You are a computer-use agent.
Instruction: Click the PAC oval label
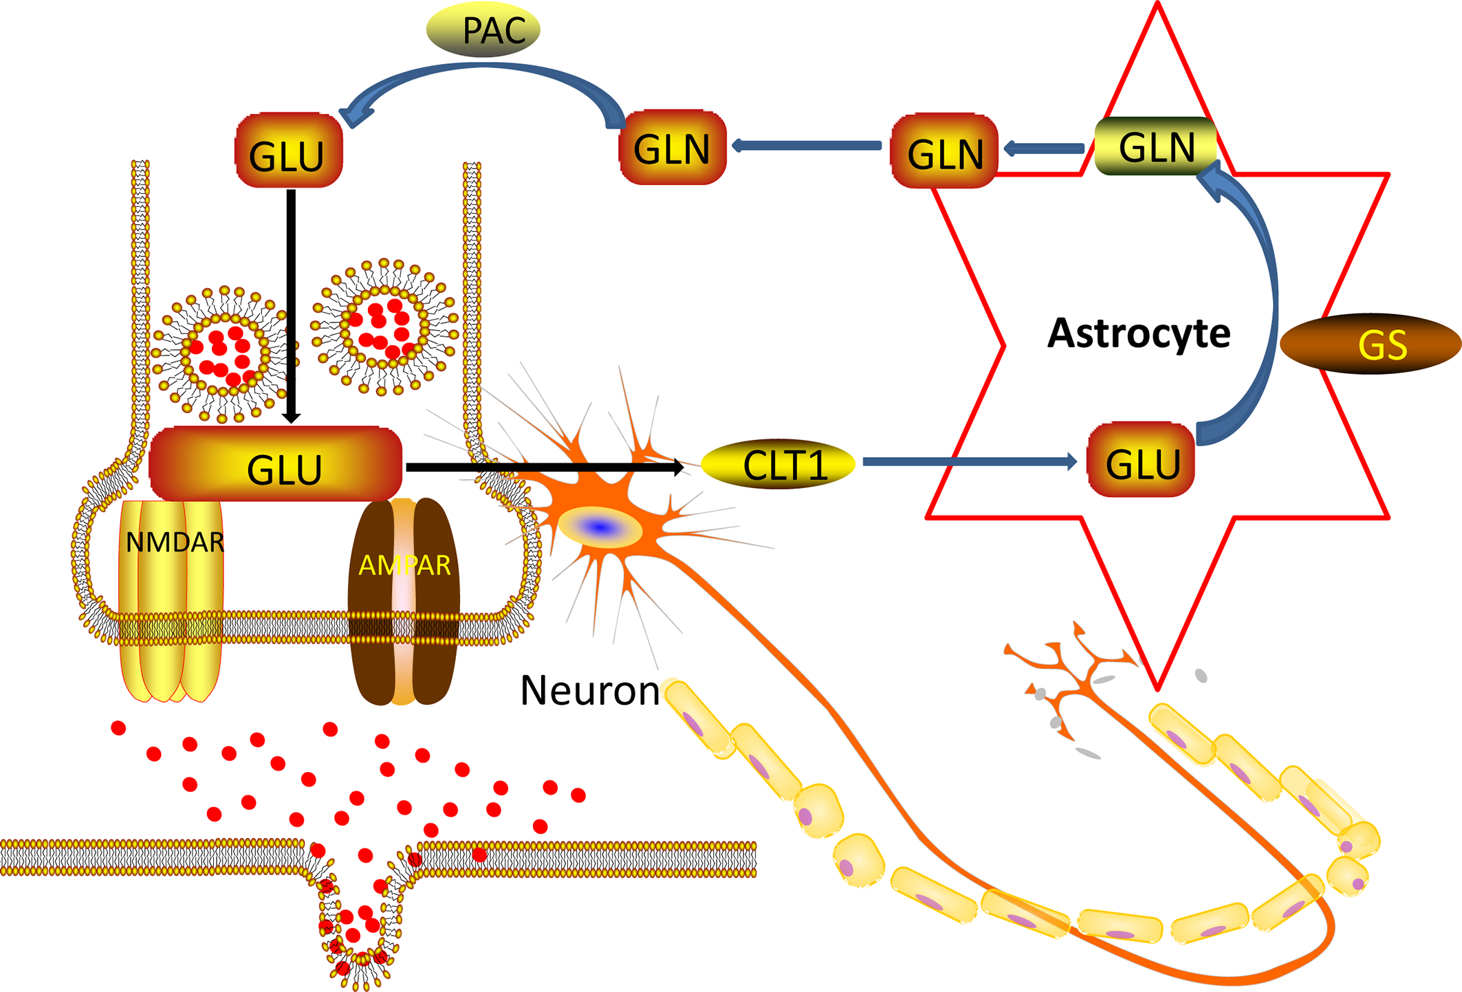click(483, 29)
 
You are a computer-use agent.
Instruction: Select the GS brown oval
click(1370, 344)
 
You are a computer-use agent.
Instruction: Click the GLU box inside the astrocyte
click(1140, 461)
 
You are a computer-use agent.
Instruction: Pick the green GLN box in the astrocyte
click(1155, 146)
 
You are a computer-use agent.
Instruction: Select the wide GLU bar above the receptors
click(275, 465)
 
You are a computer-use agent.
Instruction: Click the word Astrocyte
click(1138, 333)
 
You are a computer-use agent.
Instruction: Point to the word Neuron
click(589, 690)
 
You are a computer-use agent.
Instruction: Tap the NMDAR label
click(175, 542)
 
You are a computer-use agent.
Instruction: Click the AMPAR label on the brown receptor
click(404, 565)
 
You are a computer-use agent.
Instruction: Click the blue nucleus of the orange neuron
click(600, 527)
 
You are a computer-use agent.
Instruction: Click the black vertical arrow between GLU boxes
click(291, 302)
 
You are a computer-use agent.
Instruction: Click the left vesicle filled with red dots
click(221, 354)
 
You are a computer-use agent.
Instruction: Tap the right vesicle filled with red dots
click(384, 327)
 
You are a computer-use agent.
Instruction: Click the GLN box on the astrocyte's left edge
click(944, 151)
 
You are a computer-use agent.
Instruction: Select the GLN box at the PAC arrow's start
click(673, 147)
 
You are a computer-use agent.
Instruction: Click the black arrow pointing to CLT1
click(543, 467)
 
